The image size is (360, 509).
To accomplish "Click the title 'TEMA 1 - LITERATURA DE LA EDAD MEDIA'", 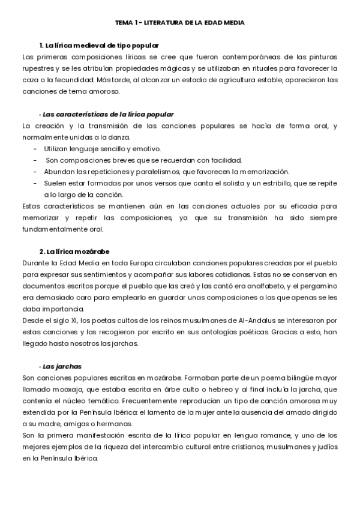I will click(180, 22).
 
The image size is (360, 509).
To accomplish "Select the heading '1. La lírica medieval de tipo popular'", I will click(98, 46).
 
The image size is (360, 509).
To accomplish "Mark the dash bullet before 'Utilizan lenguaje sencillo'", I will click(35, 148).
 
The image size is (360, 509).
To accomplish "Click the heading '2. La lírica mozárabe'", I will click(74, 251).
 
